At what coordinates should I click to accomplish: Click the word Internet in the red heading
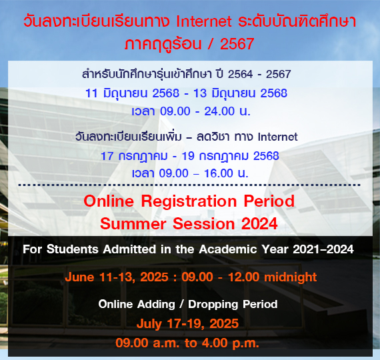(204, 21)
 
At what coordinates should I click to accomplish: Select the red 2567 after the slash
(237, 44)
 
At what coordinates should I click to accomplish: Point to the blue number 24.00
(219, 111)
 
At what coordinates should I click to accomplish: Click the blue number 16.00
(219, 173)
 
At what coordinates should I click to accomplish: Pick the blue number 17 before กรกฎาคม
(107, 156)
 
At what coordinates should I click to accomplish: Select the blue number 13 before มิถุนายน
(200, 93)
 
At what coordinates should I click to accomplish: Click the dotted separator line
(189, 185)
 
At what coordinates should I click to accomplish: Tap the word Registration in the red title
(189, 202)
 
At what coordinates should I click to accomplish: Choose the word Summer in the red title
(133, 223)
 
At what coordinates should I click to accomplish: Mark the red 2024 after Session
(259, 223)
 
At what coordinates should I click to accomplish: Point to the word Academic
(228, 249)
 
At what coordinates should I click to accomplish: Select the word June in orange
(79, 277)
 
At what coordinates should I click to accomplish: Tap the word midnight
(290, 277)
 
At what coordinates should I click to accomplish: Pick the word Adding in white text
(156, 305)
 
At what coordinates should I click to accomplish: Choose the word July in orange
(149, 324)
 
